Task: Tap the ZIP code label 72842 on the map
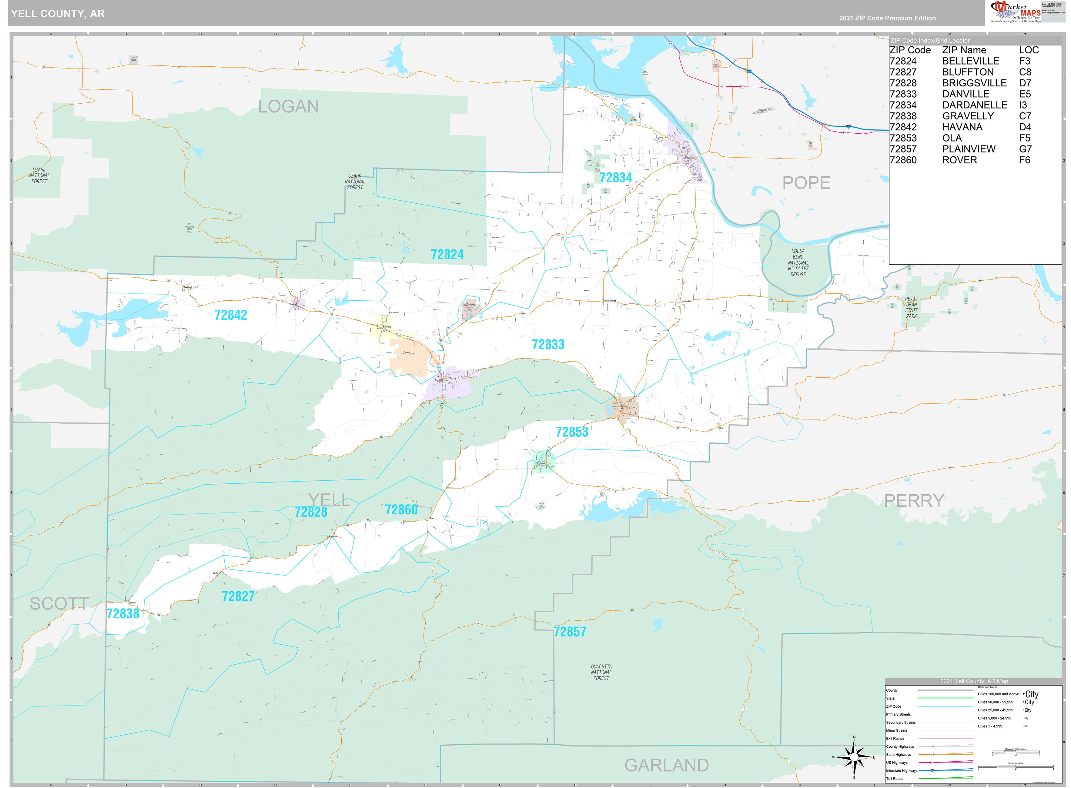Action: pos(230,315)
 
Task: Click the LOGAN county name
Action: pos(288,106)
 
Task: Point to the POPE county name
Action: pos(806,183)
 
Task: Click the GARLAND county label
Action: pos(666,765)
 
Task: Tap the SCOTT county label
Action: pos(59,604)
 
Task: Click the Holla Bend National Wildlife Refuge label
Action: pos(798,263)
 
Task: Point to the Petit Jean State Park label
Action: pos(911,307)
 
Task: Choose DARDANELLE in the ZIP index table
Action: pos(974,105)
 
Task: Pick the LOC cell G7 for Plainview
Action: pos(1025,149)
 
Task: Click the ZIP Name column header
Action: pos(964,50)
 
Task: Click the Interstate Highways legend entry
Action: pos(901,770)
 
